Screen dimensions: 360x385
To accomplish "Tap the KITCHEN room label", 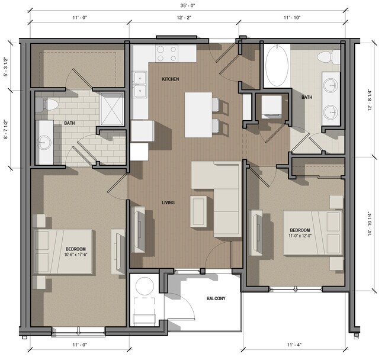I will [171, 79].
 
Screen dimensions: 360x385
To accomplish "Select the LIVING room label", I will [168, 203].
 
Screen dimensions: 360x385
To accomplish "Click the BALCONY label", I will [216, 298].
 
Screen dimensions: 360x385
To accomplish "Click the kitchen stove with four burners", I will [167, 54].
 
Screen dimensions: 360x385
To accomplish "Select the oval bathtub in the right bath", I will [276, 67].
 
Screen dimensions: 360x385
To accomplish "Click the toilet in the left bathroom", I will [49, 105].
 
